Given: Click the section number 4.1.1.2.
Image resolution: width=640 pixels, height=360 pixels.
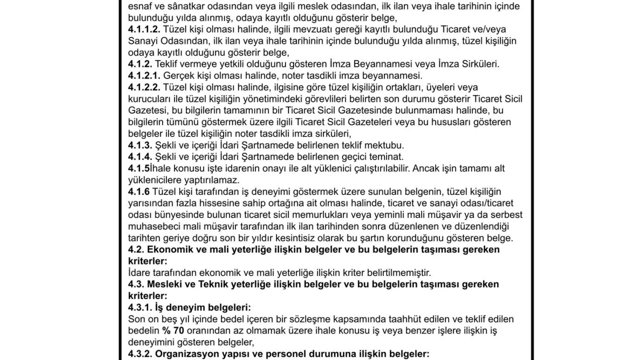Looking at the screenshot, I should pyautogui.click(x=144, y=29).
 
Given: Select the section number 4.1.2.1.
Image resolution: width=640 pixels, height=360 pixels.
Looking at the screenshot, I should pyautogui.click(x=144, y=76).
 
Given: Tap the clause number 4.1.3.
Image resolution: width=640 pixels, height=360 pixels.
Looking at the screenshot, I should pyautogui.click(x=140, y=145).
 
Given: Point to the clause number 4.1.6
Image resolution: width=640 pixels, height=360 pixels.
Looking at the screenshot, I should pyautogui.click(x=139, y=192).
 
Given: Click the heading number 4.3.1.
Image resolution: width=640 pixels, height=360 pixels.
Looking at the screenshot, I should pyautogui.click(x=140, y=307).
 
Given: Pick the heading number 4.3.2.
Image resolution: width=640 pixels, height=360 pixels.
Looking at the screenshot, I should pyautogui.click(x=140, y=354).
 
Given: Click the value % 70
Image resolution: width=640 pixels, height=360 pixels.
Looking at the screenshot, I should pyautogui.click(x=173, y=331).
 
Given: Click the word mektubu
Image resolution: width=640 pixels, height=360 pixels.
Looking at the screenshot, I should pyautogui.click(x=384, y=145).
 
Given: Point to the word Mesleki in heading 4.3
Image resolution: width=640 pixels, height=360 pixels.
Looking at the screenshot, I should pyautogui.click(x=165, y=284).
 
